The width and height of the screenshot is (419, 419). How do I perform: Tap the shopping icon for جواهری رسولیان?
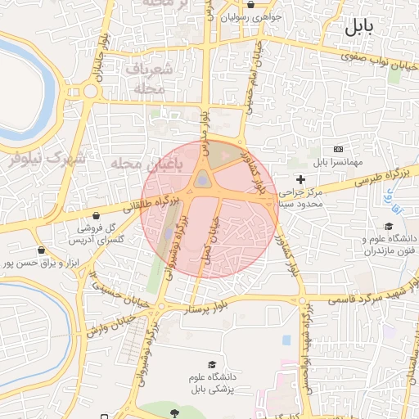point(251,3)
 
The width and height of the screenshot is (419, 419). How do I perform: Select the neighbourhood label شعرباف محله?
point(148,79)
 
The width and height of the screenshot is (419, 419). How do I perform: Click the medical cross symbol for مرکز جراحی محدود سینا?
point(300,179)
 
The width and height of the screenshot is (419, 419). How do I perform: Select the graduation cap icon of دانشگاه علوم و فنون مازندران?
point(388,227)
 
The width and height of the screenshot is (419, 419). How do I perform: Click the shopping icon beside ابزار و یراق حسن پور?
point(41,250)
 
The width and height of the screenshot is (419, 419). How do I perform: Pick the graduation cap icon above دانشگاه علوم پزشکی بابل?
point(212,364)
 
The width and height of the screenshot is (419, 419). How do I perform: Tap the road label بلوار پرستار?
point(220,307)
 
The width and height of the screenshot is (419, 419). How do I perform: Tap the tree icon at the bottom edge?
point(173,414)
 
